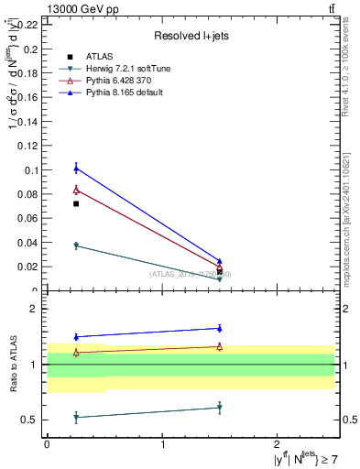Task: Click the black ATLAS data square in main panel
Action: (76, 203)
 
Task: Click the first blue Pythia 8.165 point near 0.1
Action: (76, 168)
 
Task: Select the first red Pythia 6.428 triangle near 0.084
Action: (76, 190)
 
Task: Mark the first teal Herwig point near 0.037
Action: (76, 245)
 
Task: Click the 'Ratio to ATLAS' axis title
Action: (13, 365)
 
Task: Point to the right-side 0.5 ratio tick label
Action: (349, 420)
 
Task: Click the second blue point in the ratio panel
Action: (220, 328)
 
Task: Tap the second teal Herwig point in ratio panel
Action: (220, 408)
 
